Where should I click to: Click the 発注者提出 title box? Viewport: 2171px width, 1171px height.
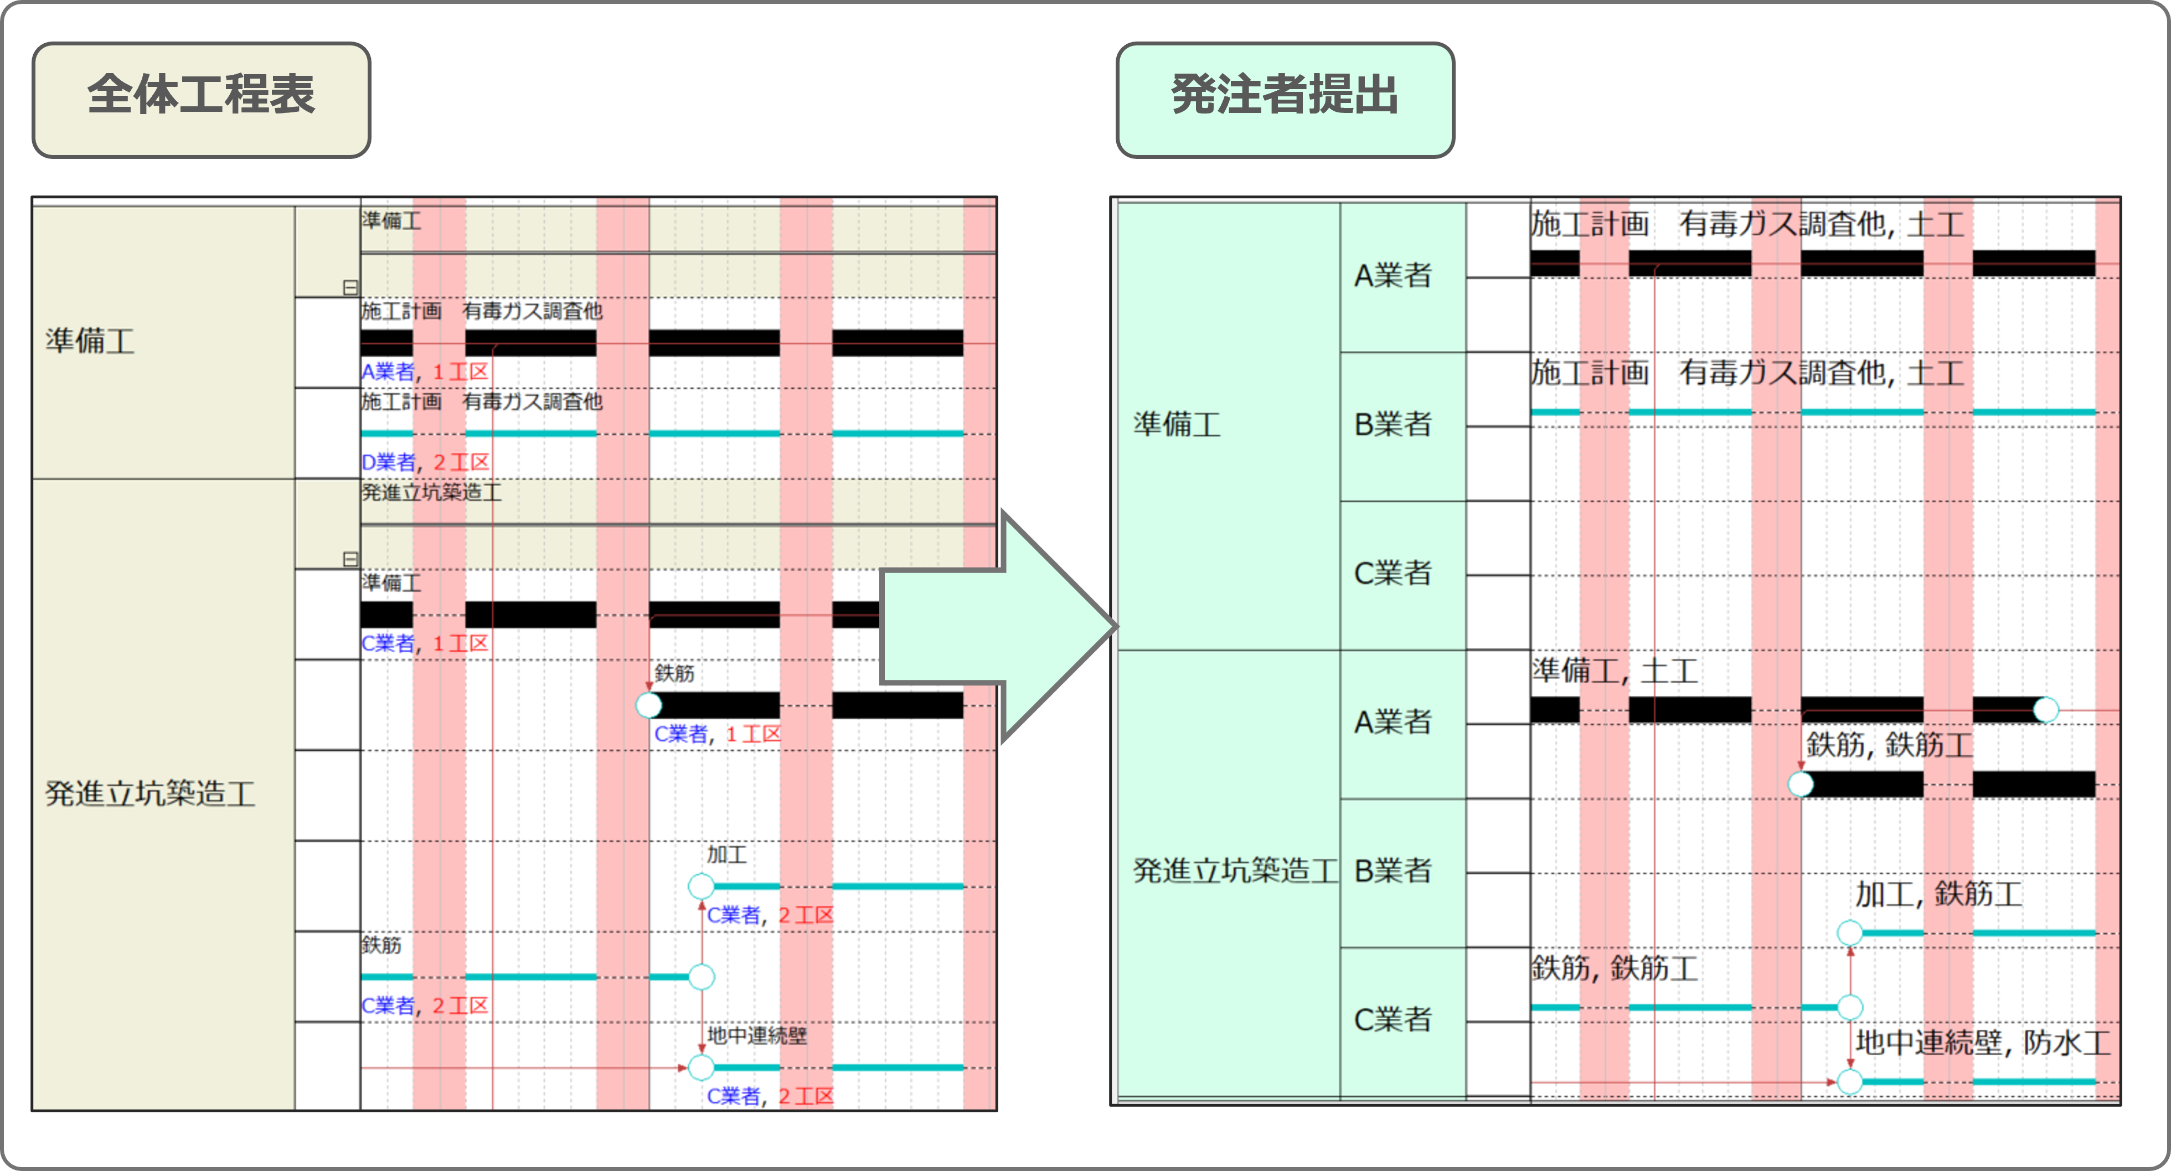tap(1285, 100)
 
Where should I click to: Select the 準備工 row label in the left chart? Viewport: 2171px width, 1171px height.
tap(90, 341)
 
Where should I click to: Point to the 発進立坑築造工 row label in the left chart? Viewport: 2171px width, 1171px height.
tap(150, 793)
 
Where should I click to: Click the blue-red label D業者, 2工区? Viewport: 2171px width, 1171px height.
tap(425, 462)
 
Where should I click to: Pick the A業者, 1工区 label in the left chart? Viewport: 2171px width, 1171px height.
tap(425, 372)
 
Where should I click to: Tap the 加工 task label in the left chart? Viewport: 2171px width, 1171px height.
tap(726, 854)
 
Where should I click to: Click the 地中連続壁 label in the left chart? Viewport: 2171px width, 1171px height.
tap(757, 1035)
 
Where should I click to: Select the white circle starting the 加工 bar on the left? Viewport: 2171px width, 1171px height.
tap(701, 886)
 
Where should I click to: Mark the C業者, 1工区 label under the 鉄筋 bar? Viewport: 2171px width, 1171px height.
tap(717, 734)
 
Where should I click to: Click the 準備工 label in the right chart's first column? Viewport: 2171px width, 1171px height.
tap(1177, 424)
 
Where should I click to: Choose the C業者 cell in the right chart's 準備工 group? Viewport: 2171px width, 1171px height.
tap(1393, 574)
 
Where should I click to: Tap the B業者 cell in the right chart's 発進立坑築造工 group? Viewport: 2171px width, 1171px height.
tap(1393, 871)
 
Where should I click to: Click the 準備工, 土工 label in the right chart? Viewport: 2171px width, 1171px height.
tap(1615, 672)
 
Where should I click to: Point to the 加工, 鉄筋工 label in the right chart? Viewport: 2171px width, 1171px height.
tap(1938, 894)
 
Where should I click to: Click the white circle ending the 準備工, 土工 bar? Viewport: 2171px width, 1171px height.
tap(2045, 710)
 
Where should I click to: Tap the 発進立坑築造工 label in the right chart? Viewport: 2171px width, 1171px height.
tap(1235, 871)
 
